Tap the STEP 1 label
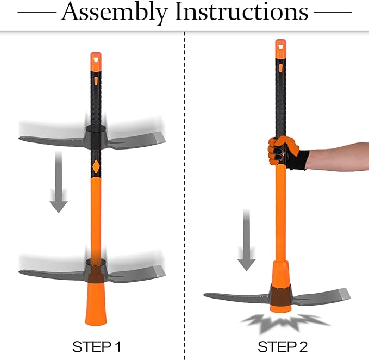coord(96,346)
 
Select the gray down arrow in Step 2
coord(246,244)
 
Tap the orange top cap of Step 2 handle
coord(280,47)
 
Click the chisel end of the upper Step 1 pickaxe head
coord(155,136)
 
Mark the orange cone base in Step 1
coord(96,305)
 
